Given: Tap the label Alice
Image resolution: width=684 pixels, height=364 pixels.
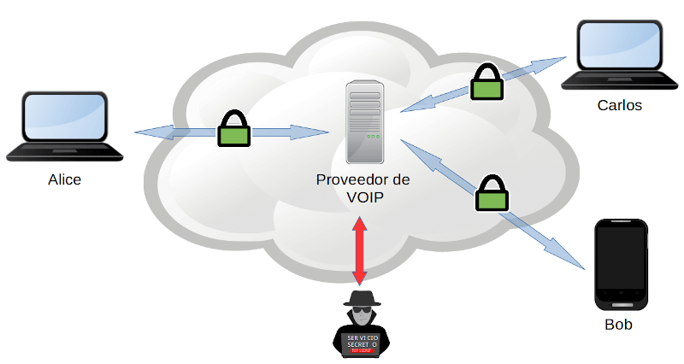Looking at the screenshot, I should tap(65, 180).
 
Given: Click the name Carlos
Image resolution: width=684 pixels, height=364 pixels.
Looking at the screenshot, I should tap(620, 106).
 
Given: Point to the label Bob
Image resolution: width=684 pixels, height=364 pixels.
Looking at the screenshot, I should tap(618, 325).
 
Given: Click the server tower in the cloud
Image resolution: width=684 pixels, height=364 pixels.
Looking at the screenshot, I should tap(364, 121).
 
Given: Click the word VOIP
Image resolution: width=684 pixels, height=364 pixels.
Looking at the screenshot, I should tap(365, 197).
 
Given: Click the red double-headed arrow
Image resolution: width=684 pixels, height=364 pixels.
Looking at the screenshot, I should tap(360, 250).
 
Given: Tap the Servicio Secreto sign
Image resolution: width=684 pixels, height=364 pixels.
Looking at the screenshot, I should tap(362, 343).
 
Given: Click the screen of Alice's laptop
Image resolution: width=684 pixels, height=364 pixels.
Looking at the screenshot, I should tap(65, 117).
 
